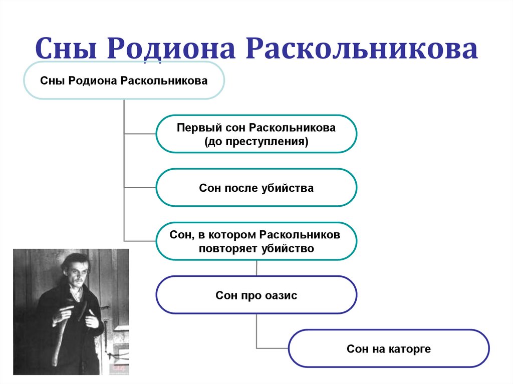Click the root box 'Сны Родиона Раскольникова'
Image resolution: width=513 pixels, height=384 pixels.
pyautogui.click(x=124, y=80)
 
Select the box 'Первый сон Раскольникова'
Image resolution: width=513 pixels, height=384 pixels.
pyautogui.click(x=256, y=133)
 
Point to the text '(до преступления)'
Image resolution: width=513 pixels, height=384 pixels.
pyautogui.click(x=256, y=142)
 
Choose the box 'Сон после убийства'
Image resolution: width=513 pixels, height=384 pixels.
pyautogui.click(x=256, y=187)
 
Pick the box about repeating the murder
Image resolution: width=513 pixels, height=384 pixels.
pyautogui.click(x=256, y=241)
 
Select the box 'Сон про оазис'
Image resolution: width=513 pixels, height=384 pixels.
pyautogui.click(x=256, y=295)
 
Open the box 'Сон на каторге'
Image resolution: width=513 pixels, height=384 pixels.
pyautogui.click(x=389, y=348)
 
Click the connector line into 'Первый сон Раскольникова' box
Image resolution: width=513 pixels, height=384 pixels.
pyautogui.click(x=140, y=134)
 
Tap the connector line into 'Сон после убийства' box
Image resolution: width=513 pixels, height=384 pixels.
pyautogui.click(x=140, y=187)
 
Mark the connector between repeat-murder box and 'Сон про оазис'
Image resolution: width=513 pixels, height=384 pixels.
pyautogui.click(x=256, y=268)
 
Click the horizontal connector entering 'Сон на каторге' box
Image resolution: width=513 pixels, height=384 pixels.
pyautogui.click(x=273, y=348)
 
